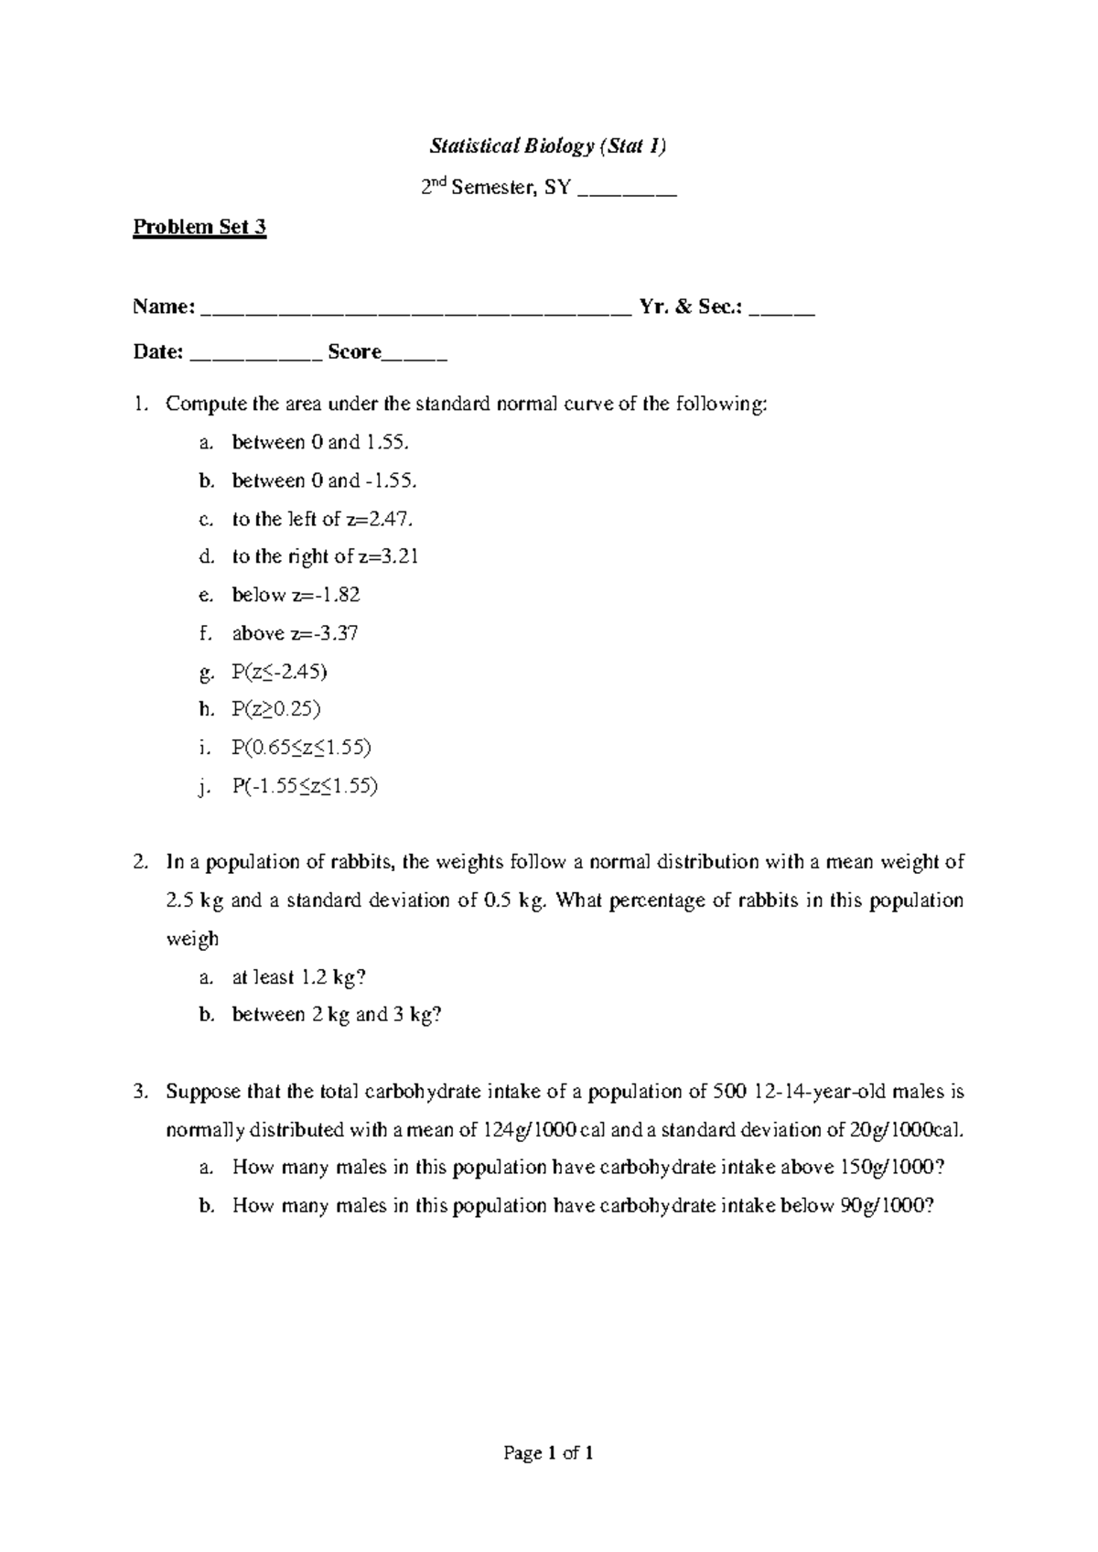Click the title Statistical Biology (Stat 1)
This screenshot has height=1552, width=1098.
point(548,146)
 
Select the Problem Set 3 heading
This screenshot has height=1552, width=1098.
point(199,227)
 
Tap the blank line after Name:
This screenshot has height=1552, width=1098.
point(414,309)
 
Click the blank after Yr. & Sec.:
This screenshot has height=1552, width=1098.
point(780,309)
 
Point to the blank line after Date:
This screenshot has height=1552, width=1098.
point(255,354)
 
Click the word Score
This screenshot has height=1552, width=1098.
point(354,352)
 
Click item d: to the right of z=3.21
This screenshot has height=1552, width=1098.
point(325,556)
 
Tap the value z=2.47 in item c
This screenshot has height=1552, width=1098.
point(378,519)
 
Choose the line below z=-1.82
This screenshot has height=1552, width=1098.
point(296,595)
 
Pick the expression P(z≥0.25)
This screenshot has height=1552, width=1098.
point(276,709)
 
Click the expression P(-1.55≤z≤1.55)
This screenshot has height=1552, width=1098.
point(305,786)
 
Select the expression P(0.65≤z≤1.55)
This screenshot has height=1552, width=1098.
point(301,748)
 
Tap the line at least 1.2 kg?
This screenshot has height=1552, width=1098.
point(298,977)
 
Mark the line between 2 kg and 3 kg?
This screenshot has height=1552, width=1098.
point(336,1015)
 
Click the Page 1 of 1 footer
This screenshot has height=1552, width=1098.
point(548,1453)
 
